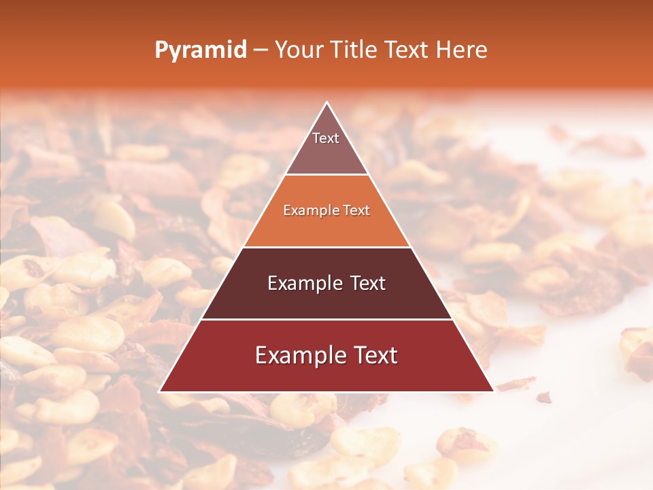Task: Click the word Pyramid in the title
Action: [201, 50]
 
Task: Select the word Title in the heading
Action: [356, 50]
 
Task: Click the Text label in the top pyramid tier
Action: [326, 138]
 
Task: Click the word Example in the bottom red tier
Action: [292, 355]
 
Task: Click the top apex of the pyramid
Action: [326, 103]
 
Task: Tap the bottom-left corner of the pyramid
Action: [160, 391]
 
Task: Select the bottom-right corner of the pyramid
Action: [493, 391]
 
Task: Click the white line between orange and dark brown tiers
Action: [326, 247]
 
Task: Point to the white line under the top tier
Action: [326, 175]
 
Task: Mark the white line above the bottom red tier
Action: [326, 319]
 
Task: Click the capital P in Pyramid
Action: [161, 50]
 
